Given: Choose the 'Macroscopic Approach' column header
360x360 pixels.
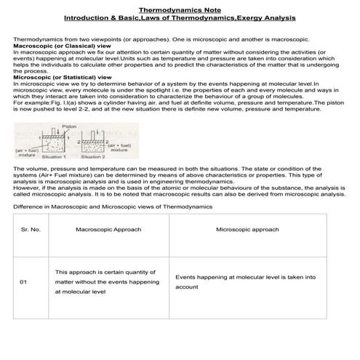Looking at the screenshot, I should click(108, 229).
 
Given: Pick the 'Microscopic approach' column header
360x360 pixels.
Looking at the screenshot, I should click(247, 229).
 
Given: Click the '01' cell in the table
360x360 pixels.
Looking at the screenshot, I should click(24, 281).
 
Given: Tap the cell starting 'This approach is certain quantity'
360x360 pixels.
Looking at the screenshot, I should click(106, 281).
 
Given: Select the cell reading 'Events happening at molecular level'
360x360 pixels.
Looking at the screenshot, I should click(246, 281).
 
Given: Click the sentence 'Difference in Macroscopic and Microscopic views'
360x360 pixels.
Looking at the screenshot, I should click(113, 207).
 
